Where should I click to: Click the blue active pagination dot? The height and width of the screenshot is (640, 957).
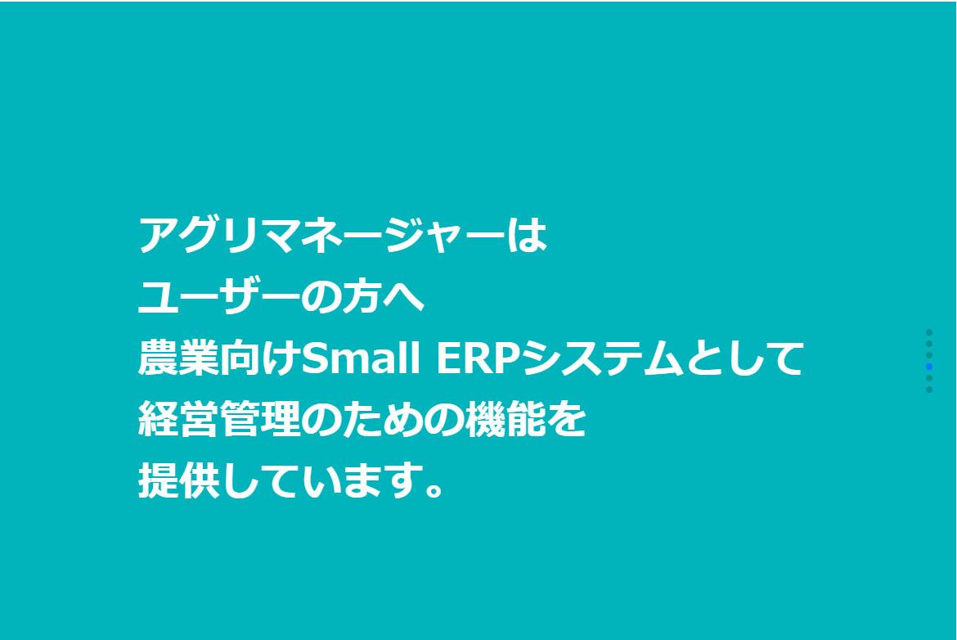929,367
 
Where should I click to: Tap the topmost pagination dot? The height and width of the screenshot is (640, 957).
929,332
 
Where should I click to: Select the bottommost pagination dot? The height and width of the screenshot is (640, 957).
929,390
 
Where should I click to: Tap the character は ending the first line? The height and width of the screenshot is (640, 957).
528,235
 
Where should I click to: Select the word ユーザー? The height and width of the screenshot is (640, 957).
220,297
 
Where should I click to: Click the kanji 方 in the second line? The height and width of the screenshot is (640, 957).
362,297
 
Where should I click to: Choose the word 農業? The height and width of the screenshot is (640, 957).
179,358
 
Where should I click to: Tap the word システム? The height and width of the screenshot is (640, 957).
602,358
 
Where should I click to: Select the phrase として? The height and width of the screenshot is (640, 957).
744,358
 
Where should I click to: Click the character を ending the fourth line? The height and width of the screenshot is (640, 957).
566,420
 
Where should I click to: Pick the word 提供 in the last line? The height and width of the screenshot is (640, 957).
179,480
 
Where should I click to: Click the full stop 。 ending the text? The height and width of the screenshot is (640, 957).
434,489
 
